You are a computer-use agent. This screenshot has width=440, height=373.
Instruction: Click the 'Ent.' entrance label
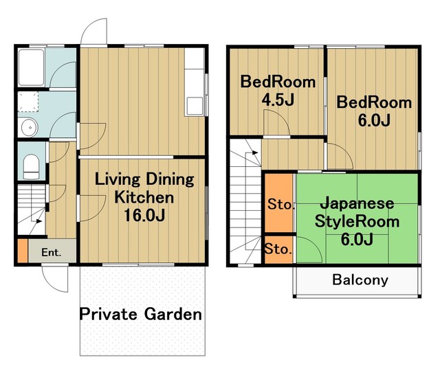point(51,252)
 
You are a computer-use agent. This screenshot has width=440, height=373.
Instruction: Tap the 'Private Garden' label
point(140,315)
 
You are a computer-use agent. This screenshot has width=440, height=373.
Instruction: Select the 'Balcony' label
point(360,280)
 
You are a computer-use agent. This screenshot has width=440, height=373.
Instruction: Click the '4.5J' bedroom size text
point(278,100)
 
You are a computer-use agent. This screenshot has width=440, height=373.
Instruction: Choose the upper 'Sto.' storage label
point(280,204)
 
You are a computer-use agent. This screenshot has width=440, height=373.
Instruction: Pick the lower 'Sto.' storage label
point(278,249)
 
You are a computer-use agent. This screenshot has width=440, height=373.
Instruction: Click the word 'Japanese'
point(357,204)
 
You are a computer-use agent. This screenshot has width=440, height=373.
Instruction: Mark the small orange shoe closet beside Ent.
point(22,250)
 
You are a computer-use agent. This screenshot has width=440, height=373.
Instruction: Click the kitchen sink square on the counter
point(195,105)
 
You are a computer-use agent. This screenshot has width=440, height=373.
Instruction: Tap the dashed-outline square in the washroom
point(27,101)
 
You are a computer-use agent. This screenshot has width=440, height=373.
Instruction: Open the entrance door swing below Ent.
point(55,277)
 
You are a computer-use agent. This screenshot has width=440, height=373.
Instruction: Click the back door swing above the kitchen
point(93,31)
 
